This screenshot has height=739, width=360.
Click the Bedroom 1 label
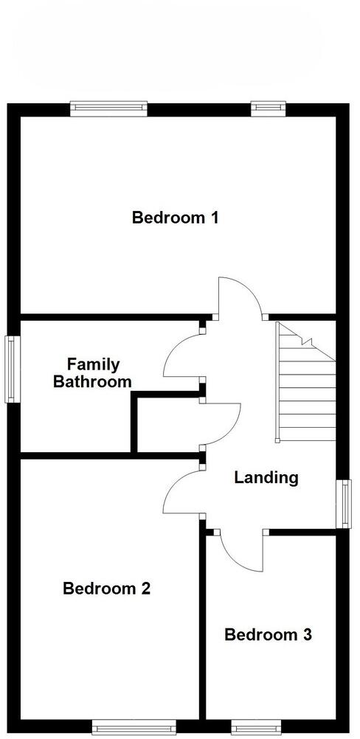tap(175, 218)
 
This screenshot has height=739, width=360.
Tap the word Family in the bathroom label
tap(93, 364)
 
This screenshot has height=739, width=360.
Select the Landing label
tap(266, 478)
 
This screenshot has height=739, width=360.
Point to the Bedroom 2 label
tap(107, 589)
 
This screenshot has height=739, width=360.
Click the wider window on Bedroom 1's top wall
tap(108, 108)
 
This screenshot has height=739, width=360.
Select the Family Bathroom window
tap(13, 369)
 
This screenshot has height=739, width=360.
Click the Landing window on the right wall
tap(344, 503)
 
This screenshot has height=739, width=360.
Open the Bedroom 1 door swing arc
tap(239, 295)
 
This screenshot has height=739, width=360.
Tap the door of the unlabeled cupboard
tap(224, 424)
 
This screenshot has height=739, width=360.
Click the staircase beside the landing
tap(305, 384)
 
